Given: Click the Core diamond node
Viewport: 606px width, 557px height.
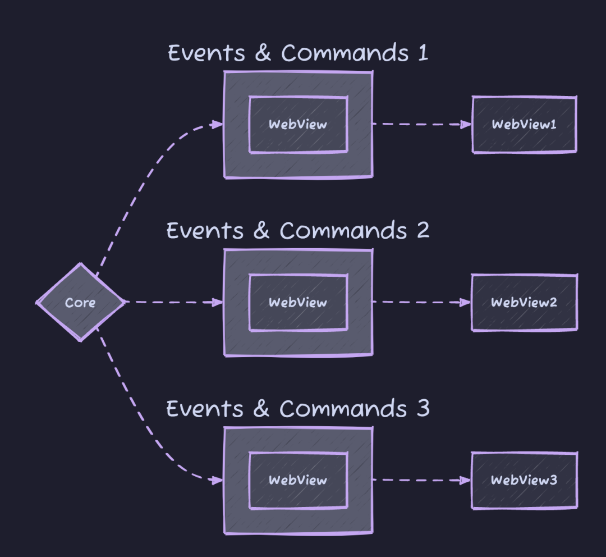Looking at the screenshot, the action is [x=80, y=302].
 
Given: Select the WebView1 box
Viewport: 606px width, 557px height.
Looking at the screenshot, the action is [x=525, y=125].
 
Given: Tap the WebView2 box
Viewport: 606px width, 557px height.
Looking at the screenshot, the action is [x=525, y=303].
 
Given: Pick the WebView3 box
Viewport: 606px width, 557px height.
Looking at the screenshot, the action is [x=525, y=480].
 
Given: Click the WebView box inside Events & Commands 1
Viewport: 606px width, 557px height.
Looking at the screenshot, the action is [x=299, y=125].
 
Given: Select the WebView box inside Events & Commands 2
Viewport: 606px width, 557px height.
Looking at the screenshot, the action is [x=299, y=303].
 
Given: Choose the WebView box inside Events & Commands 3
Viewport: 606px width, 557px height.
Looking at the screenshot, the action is [x=299, y=480].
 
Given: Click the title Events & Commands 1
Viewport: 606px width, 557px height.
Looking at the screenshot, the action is [x=298, y=53].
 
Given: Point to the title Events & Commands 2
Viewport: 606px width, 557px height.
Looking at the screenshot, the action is [x=298, y=231].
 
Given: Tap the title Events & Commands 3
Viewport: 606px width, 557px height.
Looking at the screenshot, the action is [x=298, y=408].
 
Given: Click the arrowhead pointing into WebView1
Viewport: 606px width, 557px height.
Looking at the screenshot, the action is [x=466, y=125].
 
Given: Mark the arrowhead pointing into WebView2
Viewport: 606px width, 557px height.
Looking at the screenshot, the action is [x=466, y=303].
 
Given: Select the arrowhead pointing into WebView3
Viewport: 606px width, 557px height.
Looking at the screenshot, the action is [x=466, y=481].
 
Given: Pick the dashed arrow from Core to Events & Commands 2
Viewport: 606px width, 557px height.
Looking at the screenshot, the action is [x=175, y=302].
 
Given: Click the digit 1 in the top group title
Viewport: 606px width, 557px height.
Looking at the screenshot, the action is [x=423, y=53].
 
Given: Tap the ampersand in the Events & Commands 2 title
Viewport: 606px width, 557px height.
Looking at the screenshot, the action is [x=261, y=230].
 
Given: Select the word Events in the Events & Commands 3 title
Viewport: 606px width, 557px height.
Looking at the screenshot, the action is [x=205, y=408].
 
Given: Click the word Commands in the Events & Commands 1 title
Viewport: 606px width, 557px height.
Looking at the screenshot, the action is [x=345, y=53].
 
